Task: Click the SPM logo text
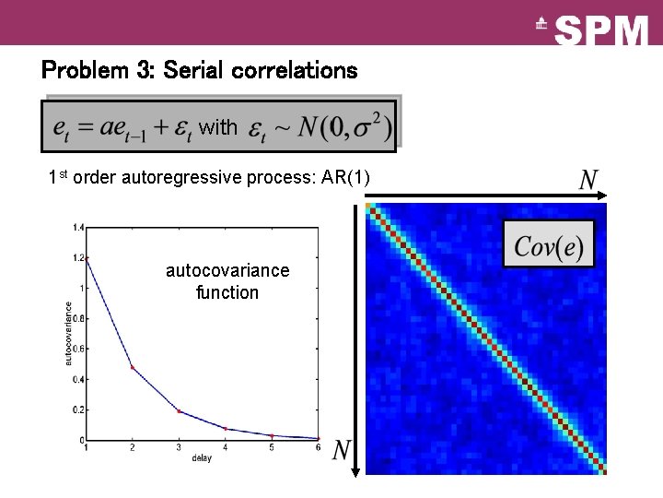coord(603,31)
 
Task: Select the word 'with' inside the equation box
coord(217,126)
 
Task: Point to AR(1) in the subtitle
coord(345,177)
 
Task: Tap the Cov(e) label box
coord(549,245)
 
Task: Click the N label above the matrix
coord(588,179)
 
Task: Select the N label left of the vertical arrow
coord(341,451)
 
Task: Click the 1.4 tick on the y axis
coord(78,227)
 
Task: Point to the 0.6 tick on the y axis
coord(78,349)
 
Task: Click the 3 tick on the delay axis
coord(179,447)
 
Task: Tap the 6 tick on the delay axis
coord(319,447)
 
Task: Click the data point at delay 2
coord(132,367)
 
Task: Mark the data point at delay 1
coord(86,257)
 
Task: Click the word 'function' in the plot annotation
coord(227,293)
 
